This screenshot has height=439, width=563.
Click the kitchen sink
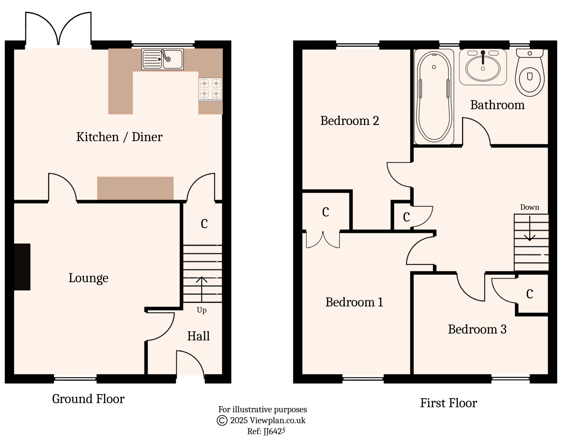tap(162, 59)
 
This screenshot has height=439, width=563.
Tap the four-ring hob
tap(210, 89)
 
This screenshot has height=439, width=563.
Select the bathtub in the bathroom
tap(434, 97)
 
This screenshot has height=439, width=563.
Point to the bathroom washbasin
tap(483, 67)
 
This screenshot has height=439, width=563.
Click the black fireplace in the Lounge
tap(22, 267)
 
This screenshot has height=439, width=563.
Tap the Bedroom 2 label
tap(349, 121)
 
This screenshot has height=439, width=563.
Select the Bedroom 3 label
tap(477, 329)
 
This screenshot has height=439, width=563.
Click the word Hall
tap(198, 336)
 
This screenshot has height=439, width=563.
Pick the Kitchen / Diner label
tap(119, 137)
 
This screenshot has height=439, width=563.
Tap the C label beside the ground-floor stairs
tap(204, 224)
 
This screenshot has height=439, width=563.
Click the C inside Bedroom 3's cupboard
tap(530, 294)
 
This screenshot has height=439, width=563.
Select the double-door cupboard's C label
tap(325, 212)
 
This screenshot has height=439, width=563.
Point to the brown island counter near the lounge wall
tap(135, 188)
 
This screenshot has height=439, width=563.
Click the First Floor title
tap(448, 403)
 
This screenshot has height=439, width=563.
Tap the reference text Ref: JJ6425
tap(266, 431)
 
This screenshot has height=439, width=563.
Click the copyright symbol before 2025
tap(222, 420)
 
